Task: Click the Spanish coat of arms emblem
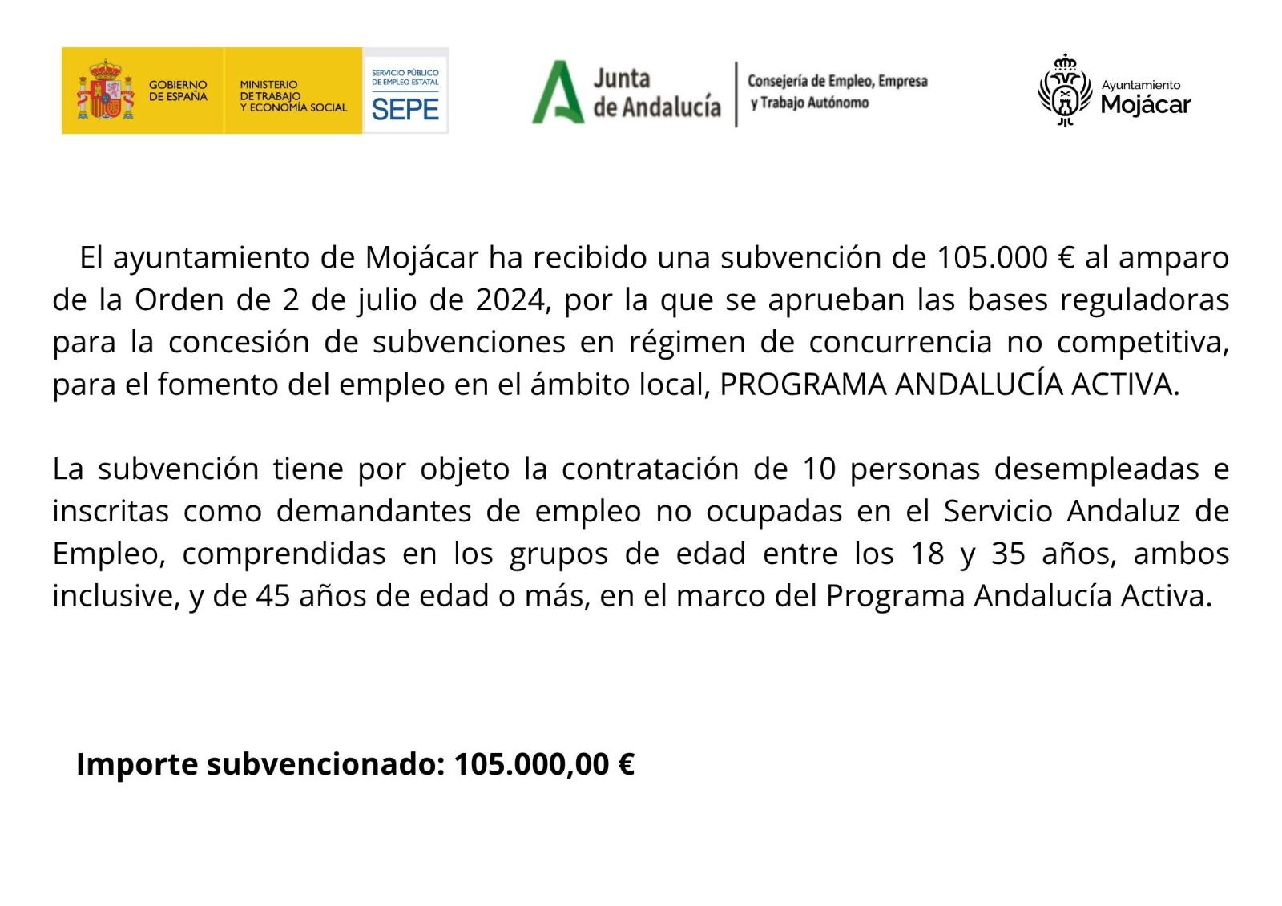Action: coord(105,91)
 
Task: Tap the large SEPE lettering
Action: coord(405,109)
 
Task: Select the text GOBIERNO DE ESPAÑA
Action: coord(178,91)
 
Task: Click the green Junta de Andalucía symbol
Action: coord(558,92)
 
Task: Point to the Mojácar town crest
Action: coord(1065,91)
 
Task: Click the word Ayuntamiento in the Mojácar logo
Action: coord(1140,85)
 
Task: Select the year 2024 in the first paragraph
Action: coord(510,300)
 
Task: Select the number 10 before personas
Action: coord(818,469)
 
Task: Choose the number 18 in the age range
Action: coord(927,554)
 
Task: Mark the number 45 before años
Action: coord(272,597)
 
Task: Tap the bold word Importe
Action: coord(137,765)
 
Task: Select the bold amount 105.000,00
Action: coord(531,765)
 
